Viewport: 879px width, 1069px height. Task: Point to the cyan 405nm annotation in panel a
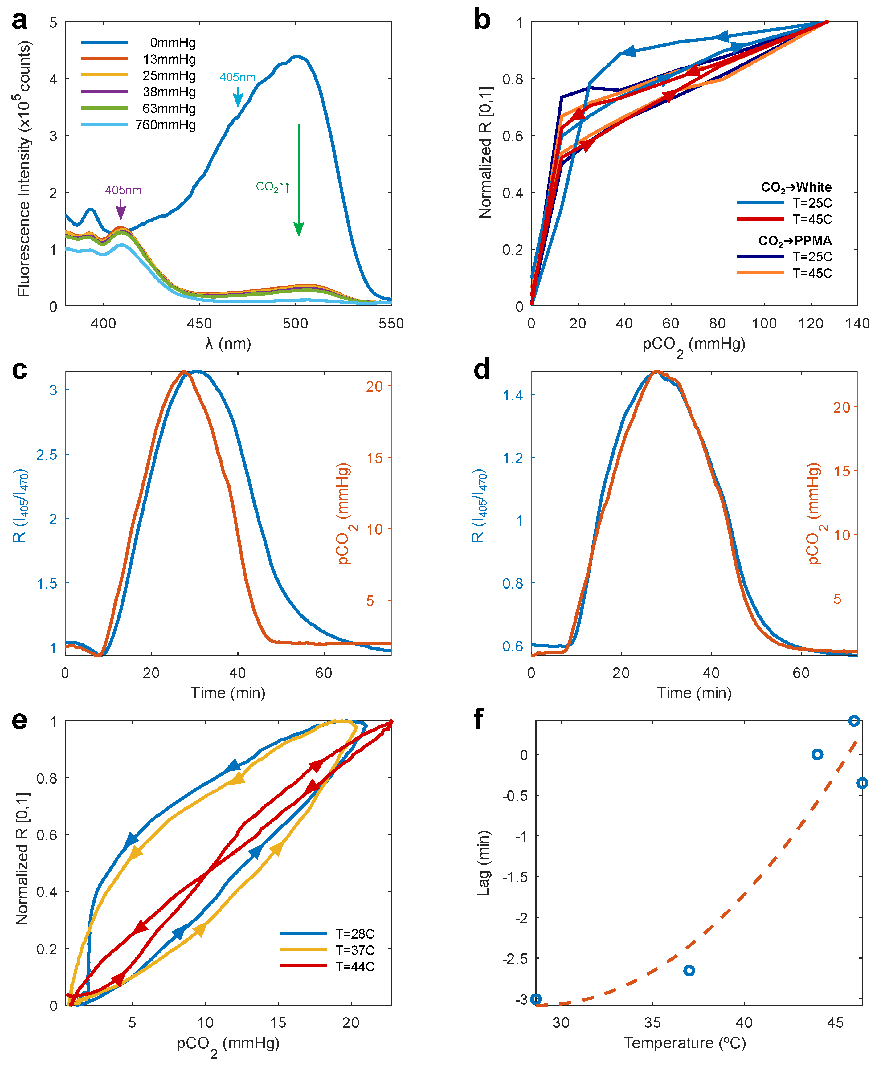tap(237, 77)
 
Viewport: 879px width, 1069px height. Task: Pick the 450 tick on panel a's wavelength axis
tap(199, 324)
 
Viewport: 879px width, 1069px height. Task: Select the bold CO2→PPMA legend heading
tap(795, 240)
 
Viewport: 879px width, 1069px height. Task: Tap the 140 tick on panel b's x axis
tap(857, 324)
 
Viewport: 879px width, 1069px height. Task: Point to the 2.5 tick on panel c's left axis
tap(47, 455)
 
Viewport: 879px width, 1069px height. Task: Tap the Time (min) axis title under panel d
tap(694, 693)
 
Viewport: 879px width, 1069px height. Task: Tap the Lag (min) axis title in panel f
tap(484, 863)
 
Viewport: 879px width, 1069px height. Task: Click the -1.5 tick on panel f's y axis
tap(515, 877)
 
